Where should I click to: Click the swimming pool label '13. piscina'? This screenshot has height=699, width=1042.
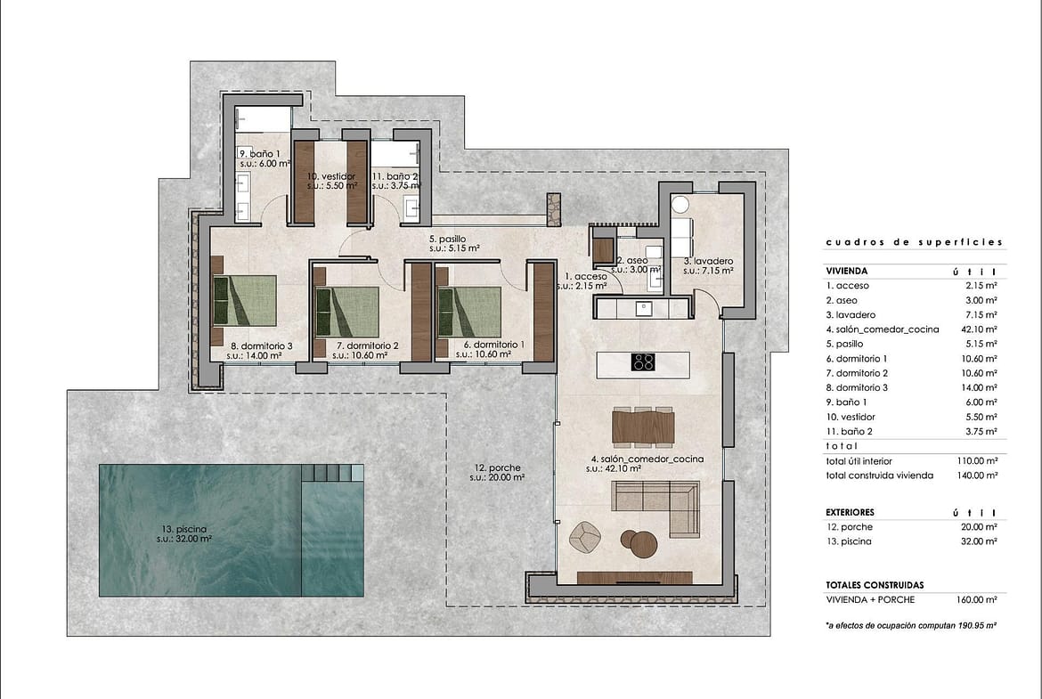(184, 530)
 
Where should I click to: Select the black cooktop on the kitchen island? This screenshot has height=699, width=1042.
(643, 362)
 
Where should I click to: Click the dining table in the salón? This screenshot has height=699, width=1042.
(643, 426)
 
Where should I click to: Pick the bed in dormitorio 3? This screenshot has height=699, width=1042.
(244, 300)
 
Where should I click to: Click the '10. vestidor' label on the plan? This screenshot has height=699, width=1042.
(331, 176)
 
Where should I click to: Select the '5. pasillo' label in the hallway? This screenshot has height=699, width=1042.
(447, 240)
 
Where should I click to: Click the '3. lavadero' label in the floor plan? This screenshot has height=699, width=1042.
(708, 262)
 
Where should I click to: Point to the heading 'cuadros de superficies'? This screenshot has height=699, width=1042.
(914, 242)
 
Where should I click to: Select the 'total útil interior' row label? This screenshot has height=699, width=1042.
(859, 461)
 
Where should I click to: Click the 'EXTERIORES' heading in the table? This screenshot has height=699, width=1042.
(850, 512)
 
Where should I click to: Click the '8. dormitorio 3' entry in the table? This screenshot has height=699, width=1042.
(857, 388)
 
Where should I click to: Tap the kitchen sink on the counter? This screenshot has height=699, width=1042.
(644, 308)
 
